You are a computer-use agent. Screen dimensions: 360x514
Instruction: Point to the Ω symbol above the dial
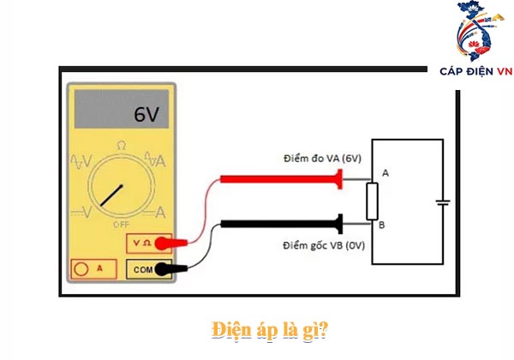point(121,147)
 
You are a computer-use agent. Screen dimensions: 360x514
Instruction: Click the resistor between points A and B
point(372,201)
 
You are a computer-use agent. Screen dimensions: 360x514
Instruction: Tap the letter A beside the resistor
point(385,173)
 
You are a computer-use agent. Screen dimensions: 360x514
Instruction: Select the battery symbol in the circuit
point(441,203)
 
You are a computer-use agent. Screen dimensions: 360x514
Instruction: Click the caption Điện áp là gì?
point(256,329)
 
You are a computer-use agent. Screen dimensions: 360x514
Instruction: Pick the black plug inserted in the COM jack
point(174,269)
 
